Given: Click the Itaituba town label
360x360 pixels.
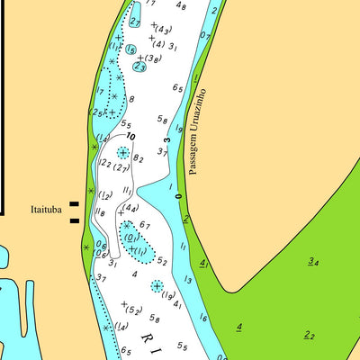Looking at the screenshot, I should (x=43, y=210).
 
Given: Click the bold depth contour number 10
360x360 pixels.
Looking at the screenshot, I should (x=131, y=136).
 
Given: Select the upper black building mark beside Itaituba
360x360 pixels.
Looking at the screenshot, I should (x=74, y=205).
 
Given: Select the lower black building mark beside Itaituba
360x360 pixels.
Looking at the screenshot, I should (x=74, y=220).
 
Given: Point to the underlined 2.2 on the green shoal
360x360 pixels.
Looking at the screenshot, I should (x=309, y=335).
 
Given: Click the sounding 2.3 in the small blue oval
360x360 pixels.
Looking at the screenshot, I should (x=139, y=66).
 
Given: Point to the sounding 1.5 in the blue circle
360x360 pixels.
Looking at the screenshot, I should (x=131, y=49).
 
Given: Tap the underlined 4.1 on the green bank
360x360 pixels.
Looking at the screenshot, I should (x=203, y=264).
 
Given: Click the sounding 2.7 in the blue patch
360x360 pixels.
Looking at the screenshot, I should (x=135, y=20).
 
